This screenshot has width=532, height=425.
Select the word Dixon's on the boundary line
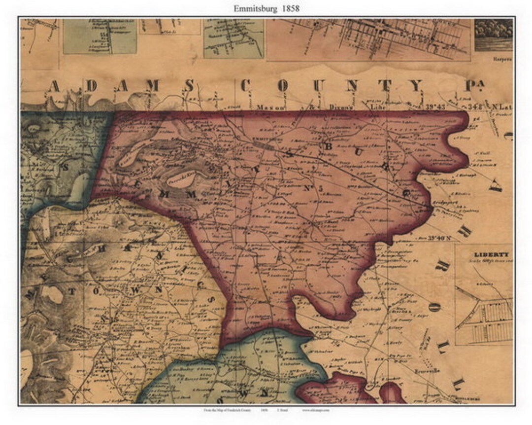point(322,106)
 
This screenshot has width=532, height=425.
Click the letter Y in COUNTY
point(416,86)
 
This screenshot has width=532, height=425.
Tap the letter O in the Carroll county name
point(433,307)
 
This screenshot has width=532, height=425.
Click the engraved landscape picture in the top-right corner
point(494,35)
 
